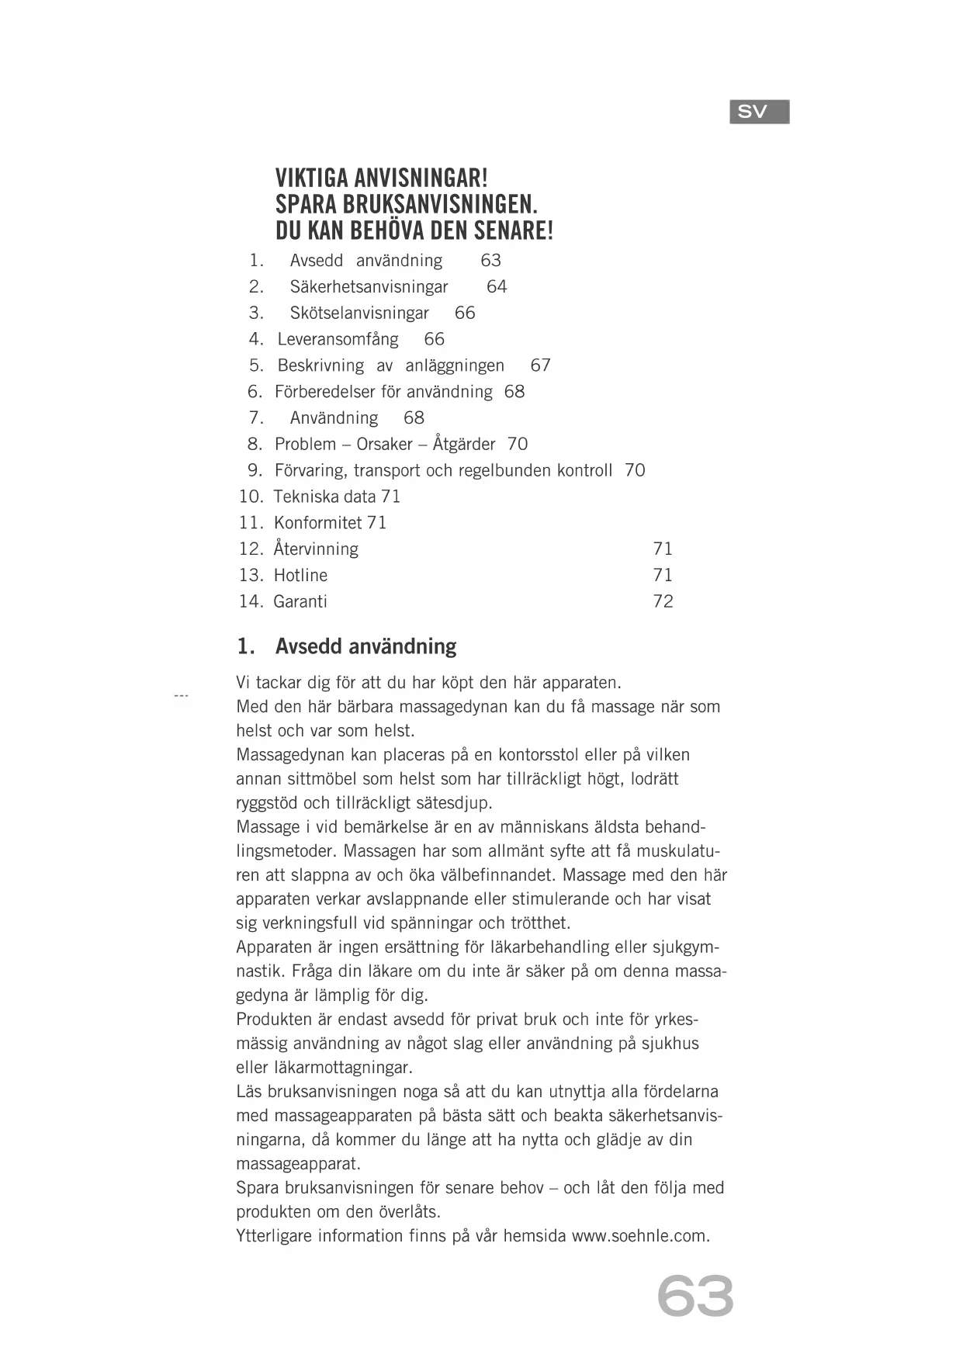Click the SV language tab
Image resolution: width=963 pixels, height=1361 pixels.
pos(759,112)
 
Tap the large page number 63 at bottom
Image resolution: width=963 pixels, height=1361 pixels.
pos(695,1296)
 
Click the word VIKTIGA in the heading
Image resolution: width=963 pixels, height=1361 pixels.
pos(312,178)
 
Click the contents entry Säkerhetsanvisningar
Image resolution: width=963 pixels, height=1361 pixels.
pos(369,287)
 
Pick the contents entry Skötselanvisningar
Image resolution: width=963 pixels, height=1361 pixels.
pos(359,313)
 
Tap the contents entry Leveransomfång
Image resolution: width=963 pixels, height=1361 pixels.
pos(338,339)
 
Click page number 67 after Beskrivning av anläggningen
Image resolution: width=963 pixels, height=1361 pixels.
pos(540,365)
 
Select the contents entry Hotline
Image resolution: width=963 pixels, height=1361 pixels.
pos(300,575)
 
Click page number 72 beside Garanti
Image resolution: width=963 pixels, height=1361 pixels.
pos(663,601)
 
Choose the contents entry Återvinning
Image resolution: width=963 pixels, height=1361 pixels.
pos(316,549)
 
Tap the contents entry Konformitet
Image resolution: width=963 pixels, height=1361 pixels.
pos(317,523)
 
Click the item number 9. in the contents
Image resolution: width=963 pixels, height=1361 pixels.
pos(255,470)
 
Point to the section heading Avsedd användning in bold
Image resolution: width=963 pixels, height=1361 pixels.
pos(365,646)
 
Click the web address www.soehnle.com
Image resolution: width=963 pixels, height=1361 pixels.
pos(640,1236)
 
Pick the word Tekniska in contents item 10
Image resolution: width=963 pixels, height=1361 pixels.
pos(306,497)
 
